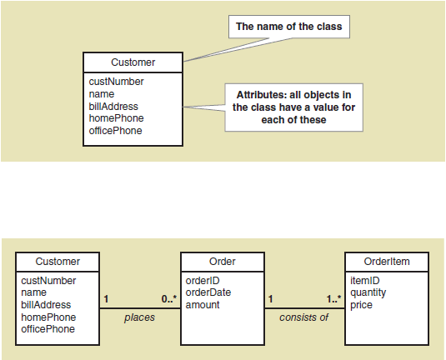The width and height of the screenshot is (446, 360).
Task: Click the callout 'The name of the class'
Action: click(x=289, y=27)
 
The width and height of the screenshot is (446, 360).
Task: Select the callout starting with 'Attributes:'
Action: click(x=293, y=107)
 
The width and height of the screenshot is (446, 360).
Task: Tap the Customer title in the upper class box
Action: click(x=133, y=62)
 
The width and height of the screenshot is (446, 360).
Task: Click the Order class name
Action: click(x=222, y=262)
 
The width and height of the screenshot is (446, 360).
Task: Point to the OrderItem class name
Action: click(x=387, y=262)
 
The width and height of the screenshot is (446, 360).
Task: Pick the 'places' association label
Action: click(x=139, y=317)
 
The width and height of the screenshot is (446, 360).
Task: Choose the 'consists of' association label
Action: click(x=303, y=317)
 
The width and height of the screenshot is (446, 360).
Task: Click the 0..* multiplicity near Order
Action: click(x=169, y=299)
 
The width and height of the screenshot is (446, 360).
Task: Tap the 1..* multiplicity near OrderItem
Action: click(x=334, y=299)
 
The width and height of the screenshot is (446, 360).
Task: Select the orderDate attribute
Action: click(x=208, y=292)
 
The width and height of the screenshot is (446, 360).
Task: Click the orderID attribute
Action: click(x=203, y=281)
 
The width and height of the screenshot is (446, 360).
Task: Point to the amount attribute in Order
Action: click(x=203, y=305)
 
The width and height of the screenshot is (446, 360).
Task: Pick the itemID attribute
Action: click(x=365, y=281)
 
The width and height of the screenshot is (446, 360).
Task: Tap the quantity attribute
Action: click(x=368, y=292)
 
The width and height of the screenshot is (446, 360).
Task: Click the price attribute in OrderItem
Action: click(x=361, y=305)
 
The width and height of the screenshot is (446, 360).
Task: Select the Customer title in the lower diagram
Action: click(x=58, y=262)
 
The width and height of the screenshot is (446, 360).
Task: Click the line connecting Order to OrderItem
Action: click(x=304, y=308)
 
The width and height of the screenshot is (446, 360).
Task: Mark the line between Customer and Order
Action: click(x=140, y=308)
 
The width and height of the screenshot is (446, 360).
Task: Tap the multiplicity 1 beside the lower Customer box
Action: click(x=106, y=299)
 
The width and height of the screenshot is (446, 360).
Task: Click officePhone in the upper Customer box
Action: click(x=116, y=131)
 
